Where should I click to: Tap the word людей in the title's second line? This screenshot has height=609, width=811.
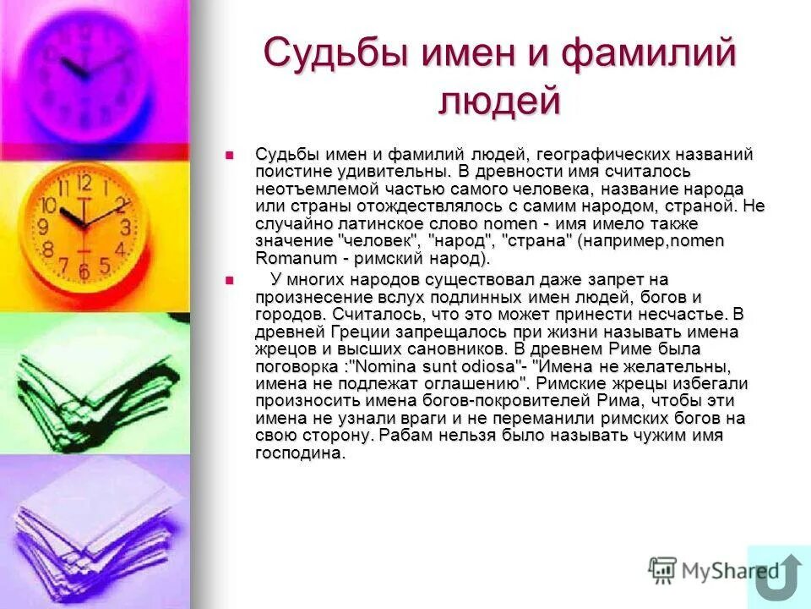point(499,101)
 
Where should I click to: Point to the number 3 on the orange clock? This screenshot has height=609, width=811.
point(126,227)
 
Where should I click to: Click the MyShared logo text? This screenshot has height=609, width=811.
point(715,570)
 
